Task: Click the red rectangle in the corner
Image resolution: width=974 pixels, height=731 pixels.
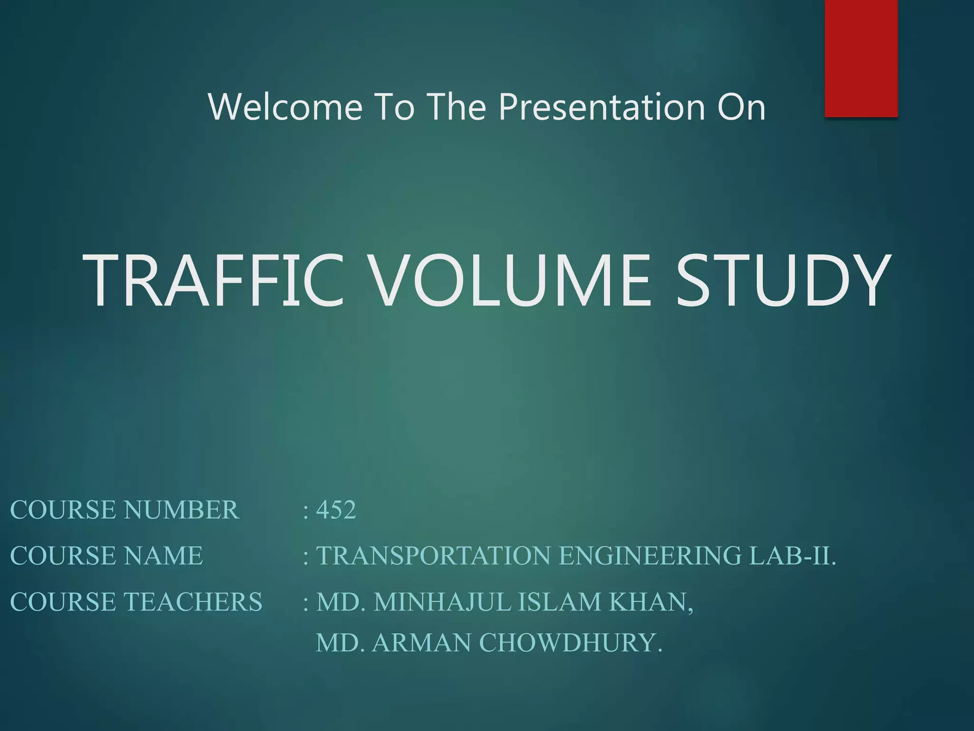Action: click(861, 58)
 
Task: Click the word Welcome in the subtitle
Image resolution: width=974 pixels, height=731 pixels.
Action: click(285, 107)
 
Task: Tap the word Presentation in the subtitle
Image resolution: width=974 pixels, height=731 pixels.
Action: click(602, 107)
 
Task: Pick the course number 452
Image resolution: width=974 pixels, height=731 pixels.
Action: click(336, 510)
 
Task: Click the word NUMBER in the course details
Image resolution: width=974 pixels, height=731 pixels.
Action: click(181, 510)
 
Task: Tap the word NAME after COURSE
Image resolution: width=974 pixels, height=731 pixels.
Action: click(163, 555)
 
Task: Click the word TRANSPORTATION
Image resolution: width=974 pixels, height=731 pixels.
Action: click(433, 555)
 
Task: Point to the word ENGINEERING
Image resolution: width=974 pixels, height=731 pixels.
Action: click(650, 555)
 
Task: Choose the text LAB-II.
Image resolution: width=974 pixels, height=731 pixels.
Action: click(792, 555)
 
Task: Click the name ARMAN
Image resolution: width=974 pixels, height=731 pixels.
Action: click(421, 642)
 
